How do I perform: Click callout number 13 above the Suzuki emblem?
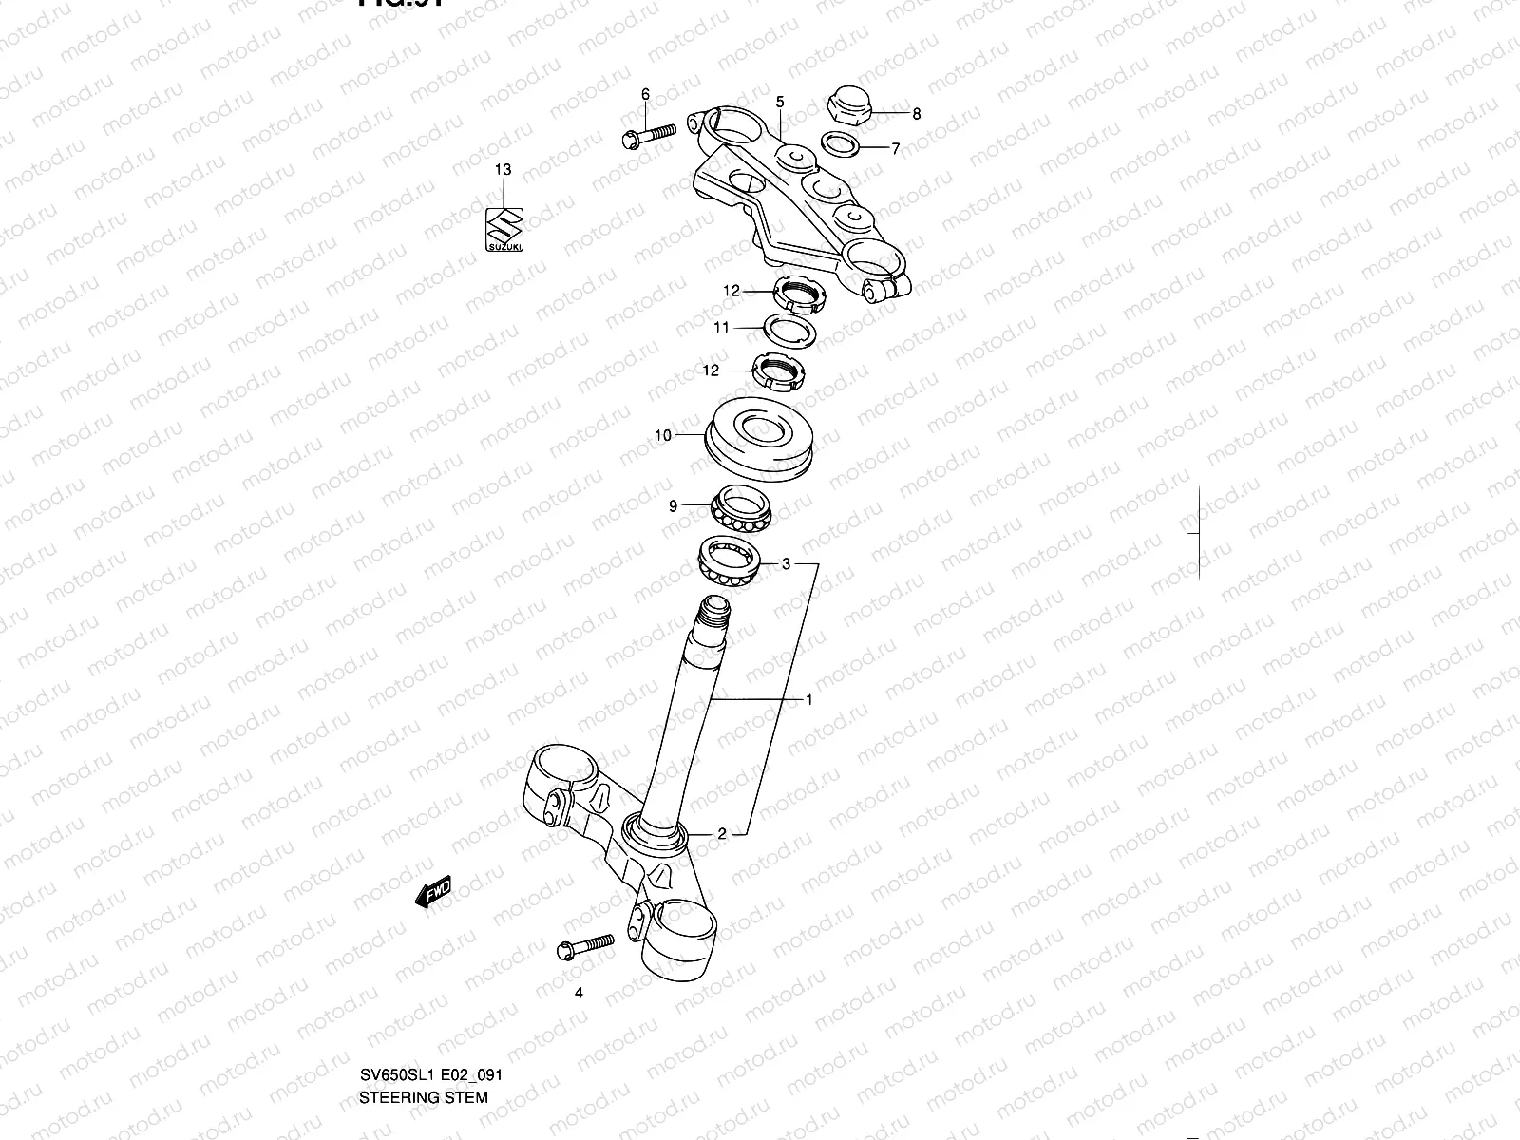(x=503, y=170)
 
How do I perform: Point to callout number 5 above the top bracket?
(x=780, y=102)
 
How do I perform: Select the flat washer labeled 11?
(x=790, y=331)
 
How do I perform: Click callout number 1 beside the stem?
(x=808, y=700)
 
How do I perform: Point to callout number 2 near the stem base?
(x=722, y=834)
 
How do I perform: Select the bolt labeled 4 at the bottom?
(x=584, y=946)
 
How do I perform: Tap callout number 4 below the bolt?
(x=579, y=994)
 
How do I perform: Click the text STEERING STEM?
(x=424, y=1017)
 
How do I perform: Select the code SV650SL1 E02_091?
(x=430, y=996)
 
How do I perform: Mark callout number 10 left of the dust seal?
(x=663, y=435)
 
